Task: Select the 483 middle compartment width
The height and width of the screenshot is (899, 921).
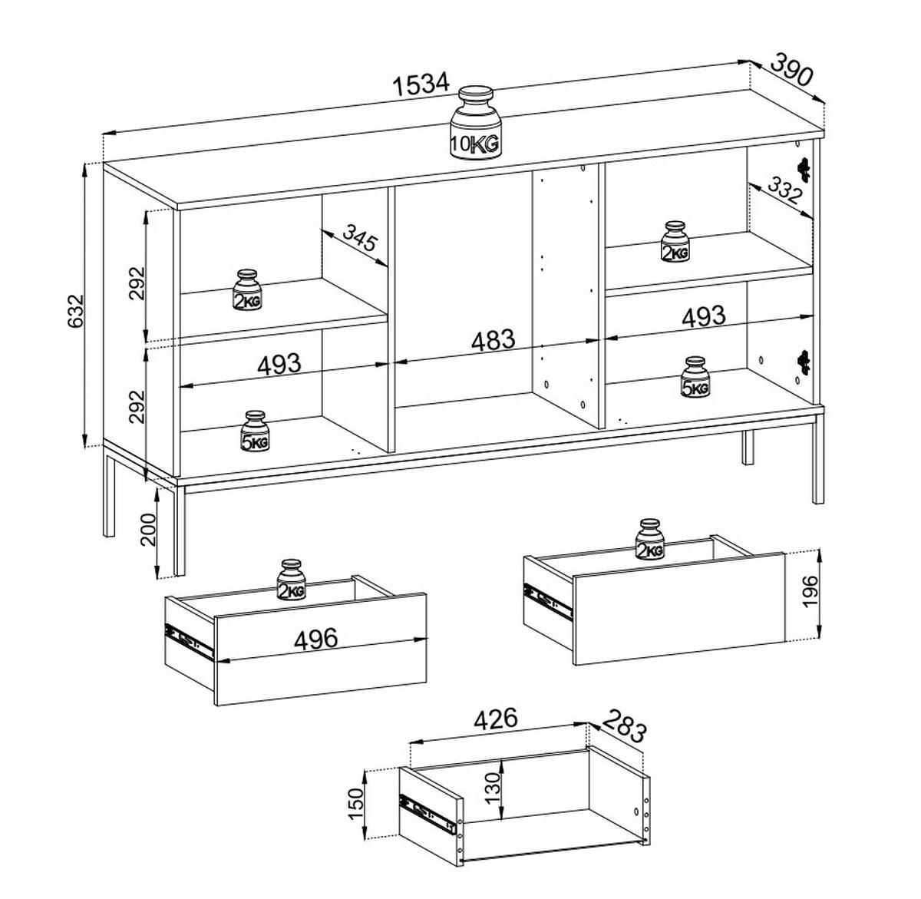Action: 492,339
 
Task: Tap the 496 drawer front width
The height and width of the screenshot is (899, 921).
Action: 315,639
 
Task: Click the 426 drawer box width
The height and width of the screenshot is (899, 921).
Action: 496,719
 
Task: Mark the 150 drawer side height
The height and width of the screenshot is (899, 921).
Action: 356,803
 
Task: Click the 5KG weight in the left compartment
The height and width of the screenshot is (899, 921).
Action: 256,431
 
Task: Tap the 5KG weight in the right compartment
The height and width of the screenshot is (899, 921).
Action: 695,378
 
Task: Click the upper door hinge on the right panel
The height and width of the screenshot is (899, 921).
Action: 804,168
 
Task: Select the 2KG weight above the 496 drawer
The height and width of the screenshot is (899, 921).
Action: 292,580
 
